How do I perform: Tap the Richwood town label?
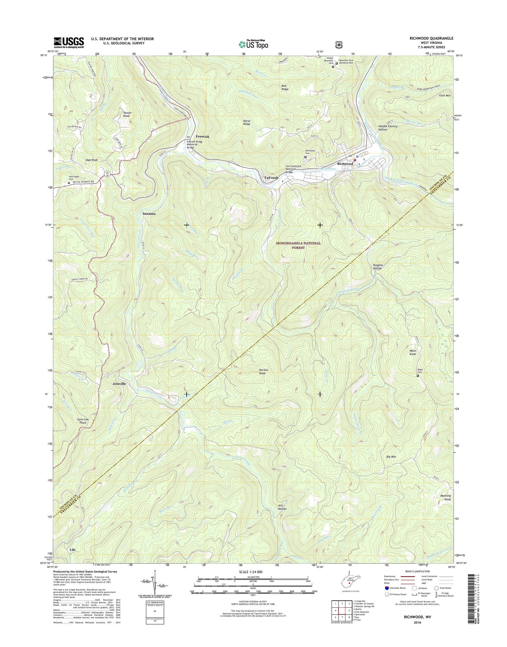click(345, 164)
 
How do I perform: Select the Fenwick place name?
click(202, 137)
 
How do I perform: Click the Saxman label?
click(149, 214)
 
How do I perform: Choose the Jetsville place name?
click(119, 384)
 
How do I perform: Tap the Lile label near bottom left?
click(72, 550)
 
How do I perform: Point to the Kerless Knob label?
click(264, 372)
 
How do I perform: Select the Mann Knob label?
click(413, 352)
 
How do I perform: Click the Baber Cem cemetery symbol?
click(417, 376)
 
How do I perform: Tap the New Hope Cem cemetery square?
click(69, 183)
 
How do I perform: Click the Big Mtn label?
click(391, 457)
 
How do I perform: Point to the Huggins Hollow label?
click(377, 267)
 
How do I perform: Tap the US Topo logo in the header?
click(254, 44)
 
